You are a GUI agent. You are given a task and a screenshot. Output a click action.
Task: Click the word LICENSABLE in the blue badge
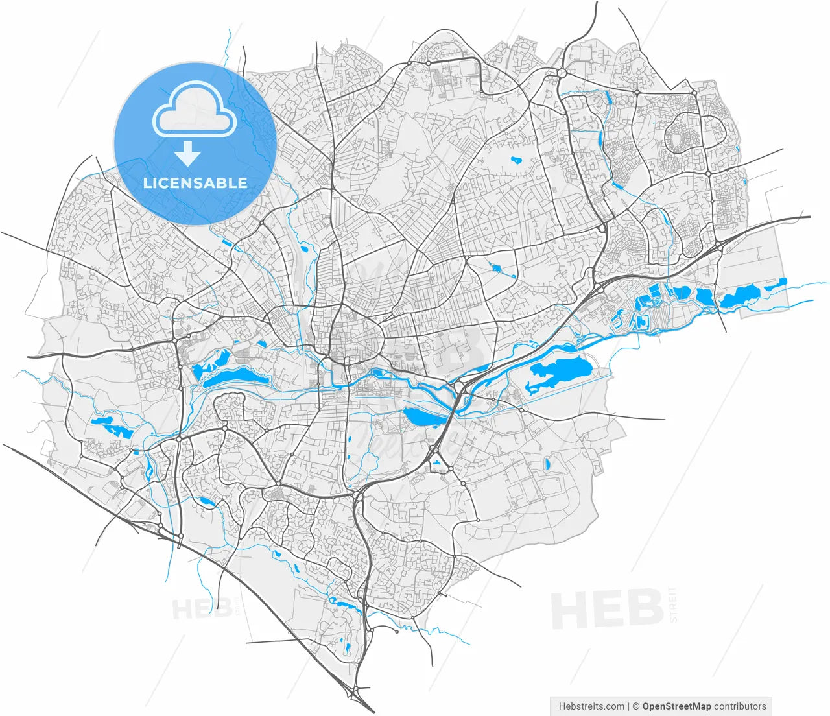point(195,183)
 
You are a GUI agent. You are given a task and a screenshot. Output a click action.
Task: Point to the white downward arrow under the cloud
point(188,154)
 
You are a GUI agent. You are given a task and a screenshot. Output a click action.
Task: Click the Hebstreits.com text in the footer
point(591,706)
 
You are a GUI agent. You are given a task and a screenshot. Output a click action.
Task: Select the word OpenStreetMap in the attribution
point(676,706)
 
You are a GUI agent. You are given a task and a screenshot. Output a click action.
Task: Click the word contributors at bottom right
point(740,706)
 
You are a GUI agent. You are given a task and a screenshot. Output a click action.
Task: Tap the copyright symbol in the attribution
point(637,706)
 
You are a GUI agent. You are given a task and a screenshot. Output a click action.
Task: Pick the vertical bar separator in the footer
point(629,706)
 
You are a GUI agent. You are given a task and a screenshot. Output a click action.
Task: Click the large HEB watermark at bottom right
point(606,610)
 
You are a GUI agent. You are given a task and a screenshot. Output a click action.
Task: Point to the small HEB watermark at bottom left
point(202,609)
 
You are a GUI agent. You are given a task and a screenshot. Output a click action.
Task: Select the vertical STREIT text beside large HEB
point(673,604)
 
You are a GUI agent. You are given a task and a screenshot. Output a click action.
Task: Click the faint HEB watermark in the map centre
point(454,350)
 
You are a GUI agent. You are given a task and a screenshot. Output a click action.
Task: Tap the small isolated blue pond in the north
point(516,159)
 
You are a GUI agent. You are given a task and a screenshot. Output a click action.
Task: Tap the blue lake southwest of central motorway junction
point(421,417)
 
